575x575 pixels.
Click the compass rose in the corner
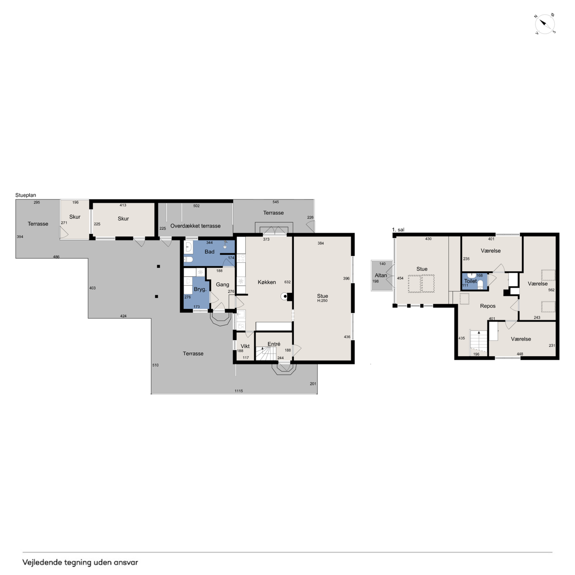click(x=544, y=23)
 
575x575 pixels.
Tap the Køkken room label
click(x=266, y=282)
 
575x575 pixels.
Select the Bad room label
click(x=209, y=252)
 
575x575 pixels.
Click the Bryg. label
click(x=200, y=289)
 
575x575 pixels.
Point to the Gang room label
click(x=222, y=284)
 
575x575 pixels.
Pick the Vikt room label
click(x=245, y=346)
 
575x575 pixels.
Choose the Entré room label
click(x=274, y=344)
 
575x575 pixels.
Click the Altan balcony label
click(x=380, y=275)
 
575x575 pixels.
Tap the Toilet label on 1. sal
click(x=470, y=281)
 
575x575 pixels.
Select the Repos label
click(x=487, y=306)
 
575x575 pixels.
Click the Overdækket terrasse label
click(x=195, y=226)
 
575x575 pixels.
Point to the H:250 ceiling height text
click(x=322, y=301)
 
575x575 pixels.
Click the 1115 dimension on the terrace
click(x=239, y=390)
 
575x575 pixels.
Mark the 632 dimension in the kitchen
click(x=287, y=282)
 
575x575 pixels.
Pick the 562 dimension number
click(x=551, y=290)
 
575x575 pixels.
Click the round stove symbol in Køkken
click(x=285, y=296)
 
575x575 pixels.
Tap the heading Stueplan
click(x=26, y=195)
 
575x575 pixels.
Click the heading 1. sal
click(x=398, y=230)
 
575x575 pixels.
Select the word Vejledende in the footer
click(x=42, y=562)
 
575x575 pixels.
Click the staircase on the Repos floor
click(x=478, y=343)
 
